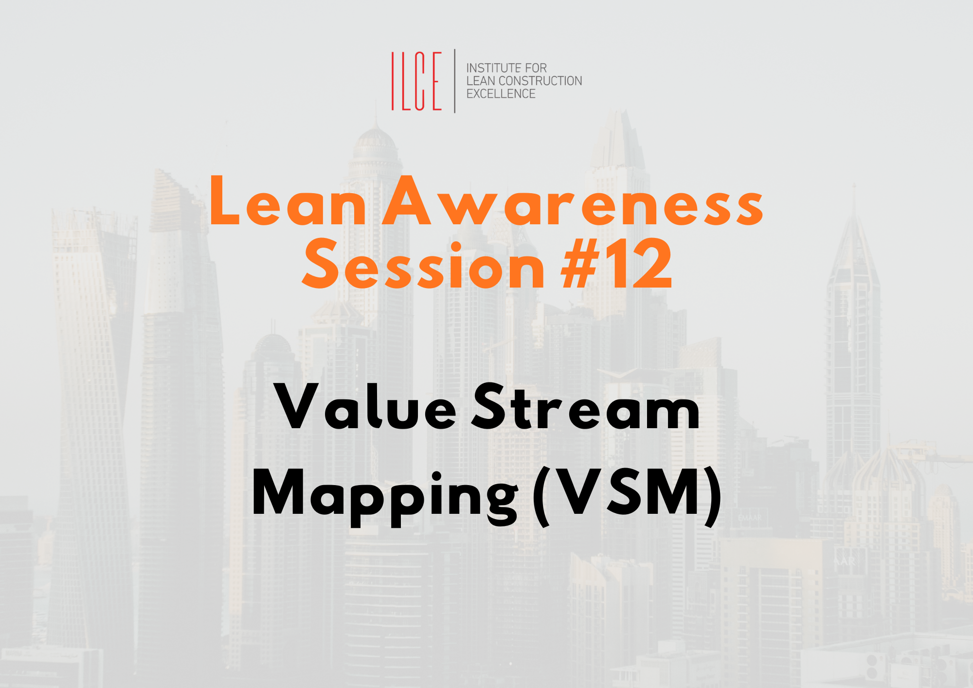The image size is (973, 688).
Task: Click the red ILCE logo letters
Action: [416, 81]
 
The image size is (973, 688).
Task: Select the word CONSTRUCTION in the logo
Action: [541, 81]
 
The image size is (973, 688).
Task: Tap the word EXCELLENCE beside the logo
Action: [501, 93]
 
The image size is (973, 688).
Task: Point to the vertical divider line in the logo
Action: [455, 81]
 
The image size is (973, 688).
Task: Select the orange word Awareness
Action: [573, 201]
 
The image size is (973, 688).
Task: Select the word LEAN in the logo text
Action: [481, 81]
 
